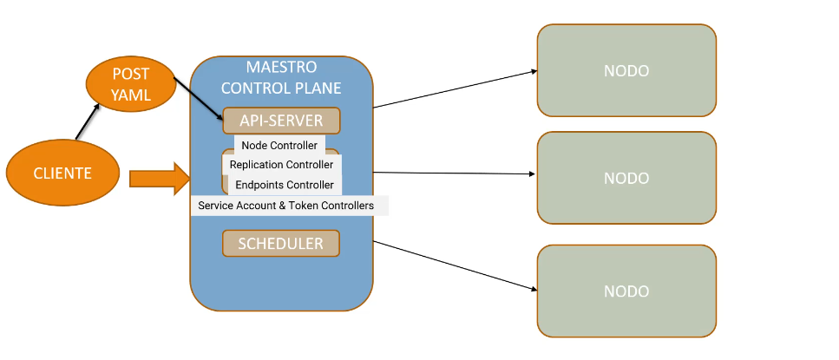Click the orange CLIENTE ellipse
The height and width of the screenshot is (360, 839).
[x=62, y=173]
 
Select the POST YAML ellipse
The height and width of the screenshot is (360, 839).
[x=131, y=84]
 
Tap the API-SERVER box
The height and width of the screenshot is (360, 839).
[x=281, y=121]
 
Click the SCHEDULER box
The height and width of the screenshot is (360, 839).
[x=281, y=244]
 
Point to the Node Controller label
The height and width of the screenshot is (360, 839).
[x=279, y=146]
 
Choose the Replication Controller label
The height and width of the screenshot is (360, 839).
[x=281, y=165]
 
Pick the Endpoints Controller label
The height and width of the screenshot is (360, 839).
[x=285, y=185]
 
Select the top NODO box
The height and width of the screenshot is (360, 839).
[x=626, y=70]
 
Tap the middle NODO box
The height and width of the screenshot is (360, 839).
[x=626, y=178]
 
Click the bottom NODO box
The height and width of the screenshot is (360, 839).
[x=626, y=291]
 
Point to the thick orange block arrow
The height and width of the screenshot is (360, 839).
[x=160, y=179]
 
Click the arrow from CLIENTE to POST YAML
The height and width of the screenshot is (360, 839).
[x=88, y=121]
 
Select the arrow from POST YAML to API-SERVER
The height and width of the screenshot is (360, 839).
[x=199, y=99]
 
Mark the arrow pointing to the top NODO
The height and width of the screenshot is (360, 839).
[x=455, y=88]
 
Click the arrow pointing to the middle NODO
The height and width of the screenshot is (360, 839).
[x=454, y=173]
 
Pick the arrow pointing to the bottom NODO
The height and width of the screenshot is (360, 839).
[x=455, y=265]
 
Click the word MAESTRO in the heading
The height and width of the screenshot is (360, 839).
[x=281, y=68]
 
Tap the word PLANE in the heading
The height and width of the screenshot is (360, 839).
[x=316, y=88]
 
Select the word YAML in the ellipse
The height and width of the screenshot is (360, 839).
[x=131, y=95]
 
